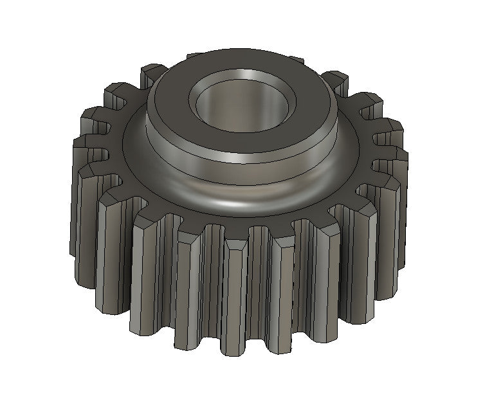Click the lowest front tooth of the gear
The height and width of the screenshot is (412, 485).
click(x=234, y=302)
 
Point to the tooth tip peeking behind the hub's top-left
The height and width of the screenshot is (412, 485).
click(x=153, y=73)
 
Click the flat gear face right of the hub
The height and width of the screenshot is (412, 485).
click(x=357, y=161)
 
